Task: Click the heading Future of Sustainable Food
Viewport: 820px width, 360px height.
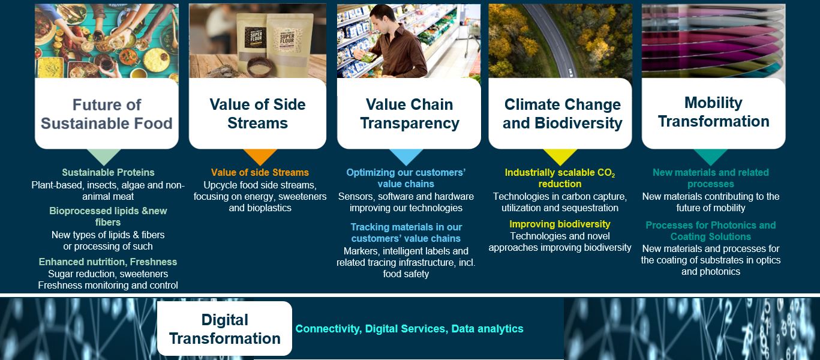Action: click(107, 114)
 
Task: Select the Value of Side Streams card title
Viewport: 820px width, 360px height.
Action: click(257, 113)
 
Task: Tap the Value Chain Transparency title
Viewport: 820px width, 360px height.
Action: click(409, 113)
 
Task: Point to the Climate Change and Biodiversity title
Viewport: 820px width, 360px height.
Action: click(562, 113)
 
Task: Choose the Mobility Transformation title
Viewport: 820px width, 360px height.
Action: click(713, 112)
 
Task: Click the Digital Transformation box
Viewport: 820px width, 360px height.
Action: click(225, 329)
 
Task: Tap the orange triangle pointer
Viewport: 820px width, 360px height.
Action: click(260, 157)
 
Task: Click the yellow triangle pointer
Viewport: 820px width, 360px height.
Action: click(560, 157)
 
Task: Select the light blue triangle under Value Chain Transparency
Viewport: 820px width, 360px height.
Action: click(406, 157)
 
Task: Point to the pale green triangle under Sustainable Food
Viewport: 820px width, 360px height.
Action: click(104, 157)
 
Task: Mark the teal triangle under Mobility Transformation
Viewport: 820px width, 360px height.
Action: click(711, 157)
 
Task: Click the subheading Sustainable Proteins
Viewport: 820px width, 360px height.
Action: click(108, 172)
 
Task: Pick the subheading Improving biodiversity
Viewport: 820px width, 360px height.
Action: click(560, 224)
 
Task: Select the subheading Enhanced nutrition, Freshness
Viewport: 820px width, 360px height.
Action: click(108, 262)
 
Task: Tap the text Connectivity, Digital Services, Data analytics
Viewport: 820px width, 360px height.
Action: click(409, 329)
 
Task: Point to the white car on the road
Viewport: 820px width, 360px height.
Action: click(570, 72)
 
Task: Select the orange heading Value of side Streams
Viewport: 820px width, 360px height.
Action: click(260, 172)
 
